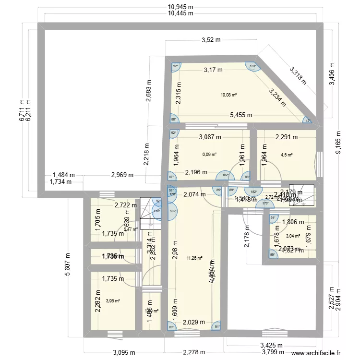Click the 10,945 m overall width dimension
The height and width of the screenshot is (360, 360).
pyautogui.click(x=180, y=7)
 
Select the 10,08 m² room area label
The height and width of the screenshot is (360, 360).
pyautogui.click(x=228, y=95)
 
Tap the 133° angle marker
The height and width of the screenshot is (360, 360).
pyautogui.click(x=253, y=66)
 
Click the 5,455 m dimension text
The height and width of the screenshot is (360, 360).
pyautogui.click(x=241, y=115)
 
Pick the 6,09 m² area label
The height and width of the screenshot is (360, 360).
pyautogui.click(x=209, y=155)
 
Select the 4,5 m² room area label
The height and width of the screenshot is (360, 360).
pyautogui.click(x=286, y=155)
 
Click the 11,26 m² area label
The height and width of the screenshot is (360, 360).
pyautogui.click(x=194, y=258)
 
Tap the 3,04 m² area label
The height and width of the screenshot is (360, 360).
pyautogui.click(x=293, y=236)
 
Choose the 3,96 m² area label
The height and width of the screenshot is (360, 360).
pyautogui.click(x=112, y=301)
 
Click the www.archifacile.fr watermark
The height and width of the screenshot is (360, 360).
pyautogui.click(x=318, y=353)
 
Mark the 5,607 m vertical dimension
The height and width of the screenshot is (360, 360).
pyautogui.click(x=68, y=264)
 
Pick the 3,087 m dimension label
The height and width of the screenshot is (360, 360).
pyautogui.click(x=210, y=137)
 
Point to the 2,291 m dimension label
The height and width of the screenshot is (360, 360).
pyautogui.click(x=286, y=137)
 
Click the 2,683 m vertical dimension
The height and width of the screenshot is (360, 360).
pyautogui.click(x=148, y=91)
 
